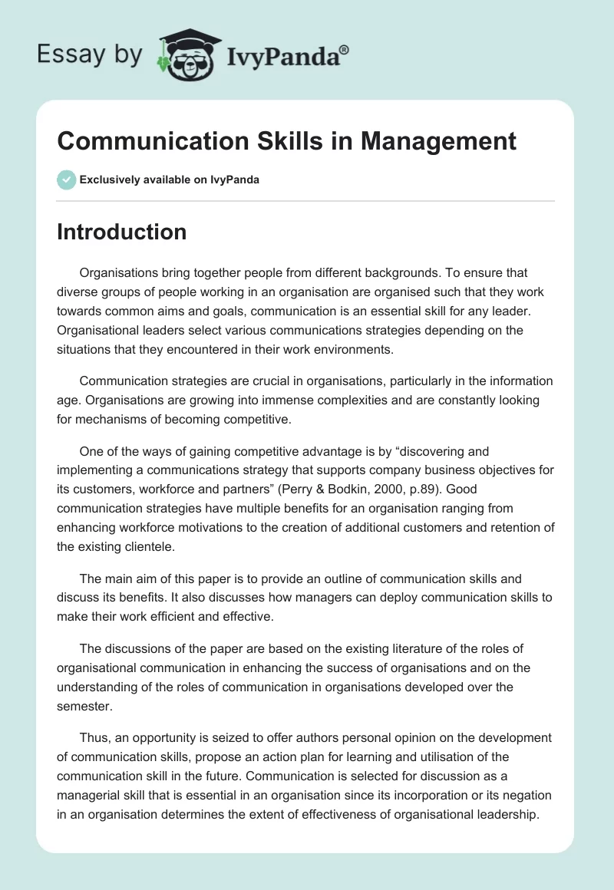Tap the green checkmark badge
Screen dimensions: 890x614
(66, 180)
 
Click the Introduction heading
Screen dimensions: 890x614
(121, 232)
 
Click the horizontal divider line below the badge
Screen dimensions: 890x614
(305, 201)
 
